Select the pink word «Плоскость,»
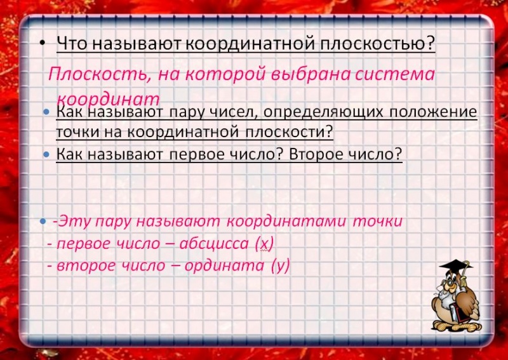click(x=99, y=74)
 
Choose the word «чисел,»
click(x=229, y=112)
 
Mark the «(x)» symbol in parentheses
click(x=264, y=244)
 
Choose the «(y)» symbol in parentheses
click(x=279, y=266)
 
